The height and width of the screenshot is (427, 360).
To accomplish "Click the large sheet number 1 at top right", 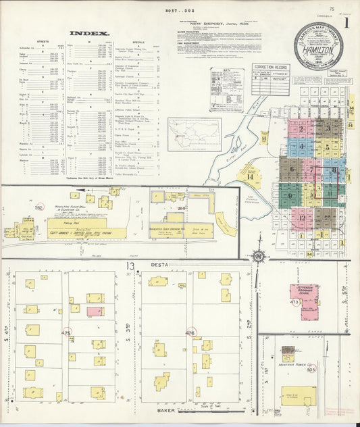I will coord(347,22).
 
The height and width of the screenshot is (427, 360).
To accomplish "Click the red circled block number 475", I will coord(66,333).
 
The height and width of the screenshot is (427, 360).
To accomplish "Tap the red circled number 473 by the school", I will coord(294,303).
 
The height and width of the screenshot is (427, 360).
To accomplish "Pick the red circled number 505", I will coord(311,370).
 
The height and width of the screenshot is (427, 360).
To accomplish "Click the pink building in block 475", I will coord(94,311).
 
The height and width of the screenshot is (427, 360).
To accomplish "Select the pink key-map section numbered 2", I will coord(302,126).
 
